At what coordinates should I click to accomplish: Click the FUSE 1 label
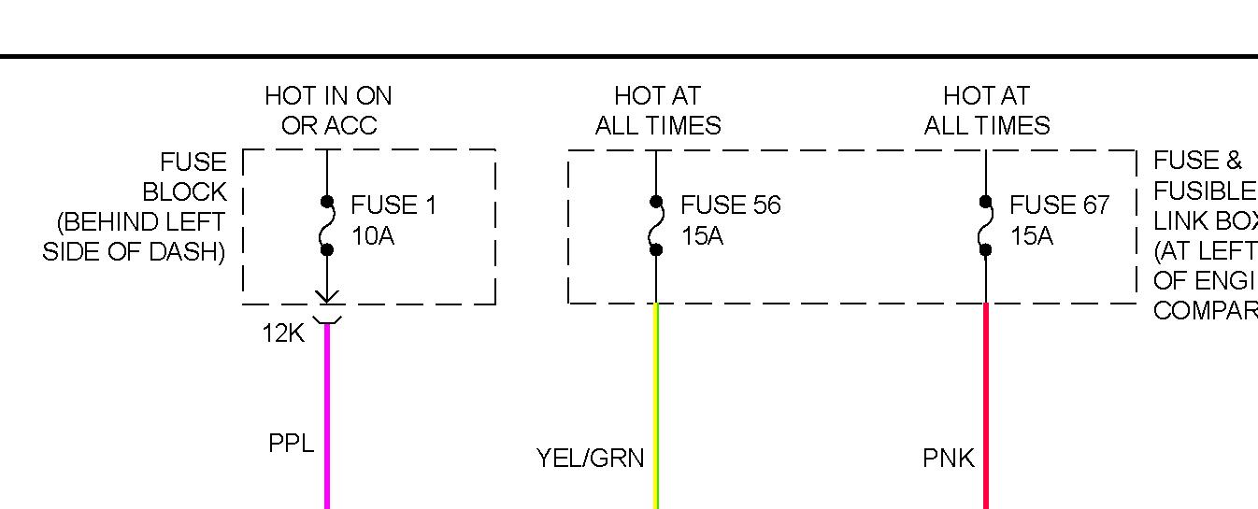point(393,205)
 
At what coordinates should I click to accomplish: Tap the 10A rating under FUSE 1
point(373,236)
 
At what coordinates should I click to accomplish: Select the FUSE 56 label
point(730,205)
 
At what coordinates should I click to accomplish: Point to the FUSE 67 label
point(1059,205)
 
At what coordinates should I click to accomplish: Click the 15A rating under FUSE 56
point(702,236)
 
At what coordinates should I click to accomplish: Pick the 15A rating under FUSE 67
point(1031,236)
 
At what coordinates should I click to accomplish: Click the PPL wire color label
point(291,443)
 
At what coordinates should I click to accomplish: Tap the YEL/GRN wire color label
point(590,459)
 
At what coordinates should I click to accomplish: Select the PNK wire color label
point(948,459)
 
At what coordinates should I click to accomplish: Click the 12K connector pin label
point(283,333)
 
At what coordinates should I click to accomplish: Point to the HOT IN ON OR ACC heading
point(328,110)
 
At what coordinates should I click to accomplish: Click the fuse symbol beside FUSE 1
point(327,225)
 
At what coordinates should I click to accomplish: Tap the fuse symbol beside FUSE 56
point(656,225)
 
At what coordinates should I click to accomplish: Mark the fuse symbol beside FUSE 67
point(985,225)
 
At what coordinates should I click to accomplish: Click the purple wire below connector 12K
point(327,411)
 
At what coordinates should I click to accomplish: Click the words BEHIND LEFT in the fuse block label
point(141,223)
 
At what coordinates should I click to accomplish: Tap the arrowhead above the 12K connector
point(327,297)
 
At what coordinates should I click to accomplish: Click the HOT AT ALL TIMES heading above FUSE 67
point(986,110)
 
